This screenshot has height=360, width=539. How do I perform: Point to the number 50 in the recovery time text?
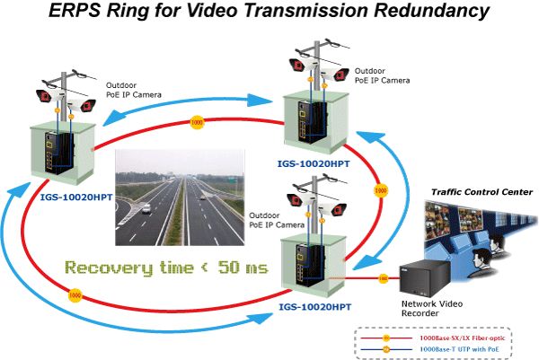tap(230, 268)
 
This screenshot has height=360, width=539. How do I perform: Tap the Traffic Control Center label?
tap(482, 192)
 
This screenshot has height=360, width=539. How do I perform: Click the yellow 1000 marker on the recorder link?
tap(383, 277)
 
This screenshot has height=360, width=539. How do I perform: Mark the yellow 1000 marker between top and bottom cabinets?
tap(380, 191)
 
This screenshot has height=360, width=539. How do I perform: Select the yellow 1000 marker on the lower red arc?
tap(75, 294)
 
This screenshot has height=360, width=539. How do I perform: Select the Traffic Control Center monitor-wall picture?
tap(482, 230)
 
